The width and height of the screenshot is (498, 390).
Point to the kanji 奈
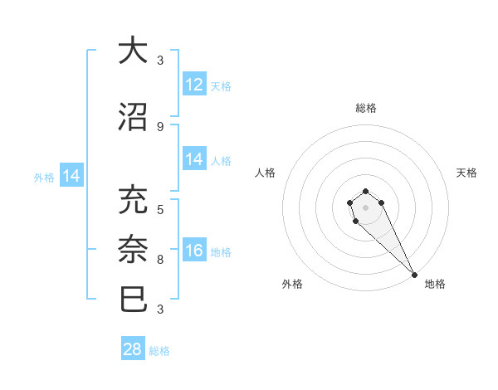pos(134,249)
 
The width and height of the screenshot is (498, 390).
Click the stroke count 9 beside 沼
pos(159,126)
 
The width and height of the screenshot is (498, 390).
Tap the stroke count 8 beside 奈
pos(159,259)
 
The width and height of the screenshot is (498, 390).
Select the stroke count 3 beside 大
pos(159,60)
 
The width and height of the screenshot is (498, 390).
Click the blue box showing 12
pos(194,85)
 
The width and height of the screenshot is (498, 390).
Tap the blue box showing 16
pos(194,251)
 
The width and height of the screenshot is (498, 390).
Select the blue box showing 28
pos(133,349)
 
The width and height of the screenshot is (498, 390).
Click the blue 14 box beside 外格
pos(71,176)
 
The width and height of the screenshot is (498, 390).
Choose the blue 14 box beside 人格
pos(194,159)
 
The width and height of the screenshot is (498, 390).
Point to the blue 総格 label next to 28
pos(159,351)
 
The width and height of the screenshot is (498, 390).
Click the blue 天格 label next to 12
pos(221,86)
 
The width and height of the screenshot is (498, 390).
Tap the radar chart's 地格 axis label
pos(435,284)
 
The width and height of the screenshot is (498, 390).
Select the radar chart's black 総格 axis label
pos(366,108)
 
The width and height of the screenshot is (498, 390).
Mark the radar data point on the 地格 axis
pos(414,275)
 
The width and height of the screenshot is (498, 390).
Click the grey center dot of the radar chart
pos(365,207)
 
